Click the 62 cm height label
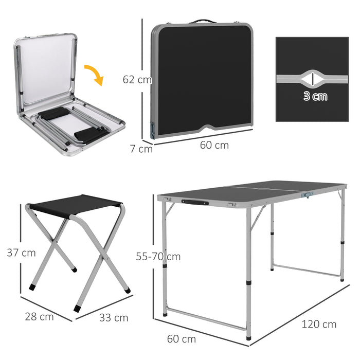point(137,80)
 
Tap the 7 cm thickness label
point(141,149)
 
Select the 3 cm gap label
point(315,96)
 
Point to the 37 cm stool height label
point(21,253)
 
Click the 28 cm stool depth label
point(39,316)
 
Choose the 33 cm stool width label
point(114,317)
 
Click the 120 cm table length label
point(319,324)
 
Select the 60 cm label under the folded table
point(214,146)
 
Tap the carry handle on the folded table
point(202,22)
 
